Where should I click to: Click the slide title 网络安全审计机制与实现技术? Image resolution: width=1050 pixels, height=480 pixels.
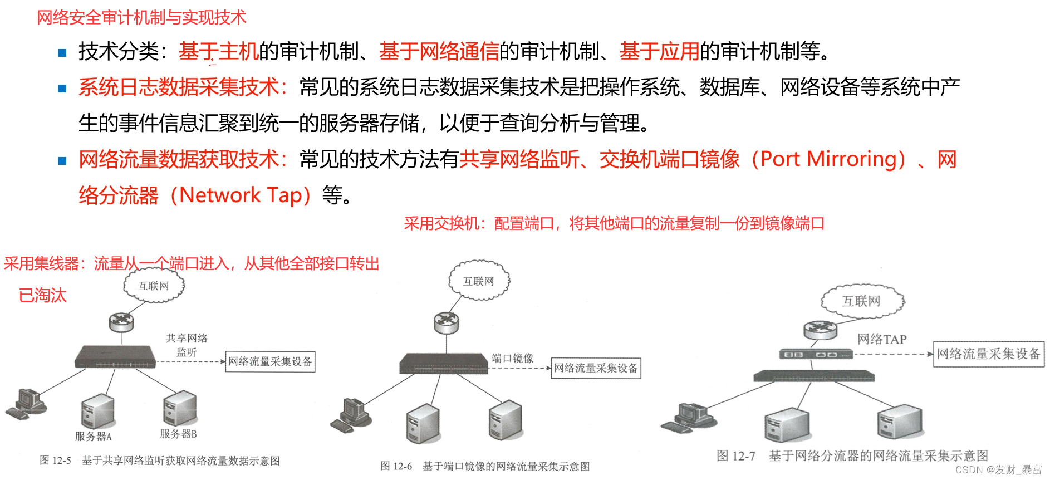click(141, 18)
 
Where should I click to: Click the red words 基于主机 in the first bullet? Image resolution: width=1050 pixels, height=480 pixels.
click(218, 51)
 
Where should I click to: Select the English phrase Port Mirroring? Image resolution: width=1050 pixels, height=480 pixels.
click(828, 159)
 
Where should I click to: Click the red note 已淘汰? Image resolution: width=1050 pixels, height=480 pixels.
click(43, 295)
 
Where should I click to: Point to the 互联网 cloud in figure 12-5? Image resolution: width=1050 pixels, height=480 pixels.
click(154, 286)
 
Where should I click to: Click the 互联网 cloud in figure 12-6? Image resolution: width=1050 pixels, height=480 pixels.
click(479, 281)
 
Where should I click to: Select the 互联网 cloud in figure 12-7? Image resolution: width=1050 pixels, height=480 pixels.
click(862, 301)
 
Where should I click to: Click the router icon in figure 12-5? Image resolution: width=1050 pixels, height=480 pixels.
click(121, 321)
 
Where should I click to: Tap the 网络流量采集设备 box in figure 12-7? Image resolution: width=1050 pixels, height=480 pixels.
click(988, 354)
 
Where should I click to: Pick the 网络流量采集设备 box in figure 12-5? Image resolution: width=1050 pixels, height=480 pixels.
click(270, 361)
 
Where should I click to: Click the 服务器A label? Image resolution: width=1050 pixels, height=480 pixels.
click(94, 437)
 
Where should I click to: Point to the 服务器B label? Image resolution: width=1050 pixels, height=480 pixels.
click(178, 434)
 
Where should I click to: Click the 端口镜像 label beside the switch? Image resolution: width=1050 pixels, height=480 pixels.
click(512, 358)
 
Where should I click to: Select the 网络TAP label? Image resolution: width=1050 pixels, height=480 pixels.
click(882, 339)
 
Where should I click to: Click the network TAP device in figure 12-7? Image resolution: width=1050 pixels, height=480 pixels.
click(815, 354)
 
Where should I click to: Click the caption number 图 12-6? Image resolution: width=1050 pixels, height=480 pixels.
click(396, 466)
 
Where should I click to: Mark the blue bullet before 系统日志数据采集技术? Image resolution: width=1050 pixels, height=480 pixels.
click(62, 89)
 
